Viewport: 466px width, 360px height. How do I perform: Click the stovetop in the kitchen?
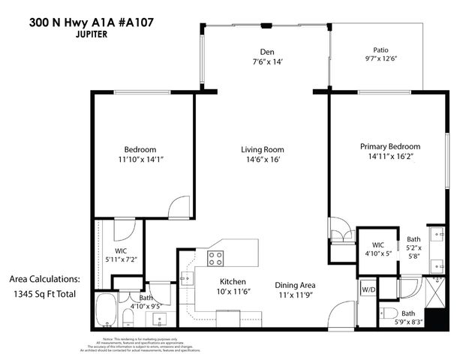(215, 259)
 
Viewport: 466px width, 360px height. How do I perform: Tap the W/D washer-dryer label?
(368, 289)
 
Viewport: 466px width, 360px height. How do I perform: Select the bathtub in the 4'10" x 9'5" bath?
(107, 310)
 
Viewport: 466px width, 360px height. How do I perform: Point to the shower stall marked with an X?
(434, 287)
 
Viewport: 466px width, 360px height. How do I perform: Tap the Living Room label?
(262, 149)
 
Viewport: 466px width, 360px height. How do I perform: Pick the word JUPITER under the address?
(71, 34)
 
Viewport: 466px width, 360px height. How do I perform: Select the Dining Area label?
(294, 285)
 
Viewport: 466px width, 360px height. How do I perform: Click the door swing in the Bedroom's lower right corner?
(180, 208)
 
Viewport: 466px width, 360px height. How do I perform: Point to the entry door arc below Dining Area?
(341, 314)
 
